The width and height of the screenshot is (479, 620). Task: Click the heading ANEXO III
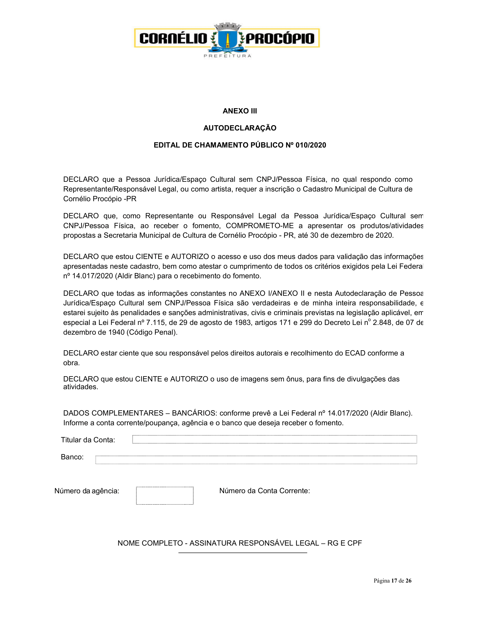pos(239,111)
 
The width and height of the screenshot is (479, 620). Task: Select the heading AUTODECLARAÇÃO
pos(239,128)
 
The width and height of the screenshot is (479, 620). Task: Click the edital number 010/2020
pos(311,145)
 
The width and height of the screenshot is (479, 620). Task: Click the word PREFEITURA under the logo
pos(227,56)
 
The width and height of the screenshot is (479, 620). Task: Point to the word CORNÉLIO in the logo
pos(173,39)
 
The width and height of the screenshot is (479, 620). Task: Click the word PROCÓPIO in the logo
pos(280,39)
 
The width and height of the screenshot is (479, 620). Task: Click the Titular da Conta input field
pos(274,439)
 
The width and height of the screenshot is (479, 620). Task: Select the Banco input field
pos(256,460)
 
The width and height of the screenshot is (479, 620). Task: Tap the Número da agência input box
pos(165,495)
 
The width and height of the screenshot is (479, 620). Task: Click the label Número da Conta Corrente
pos(265,491)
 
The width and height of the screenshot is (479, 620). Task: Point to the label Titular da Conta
pos(88,440)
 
